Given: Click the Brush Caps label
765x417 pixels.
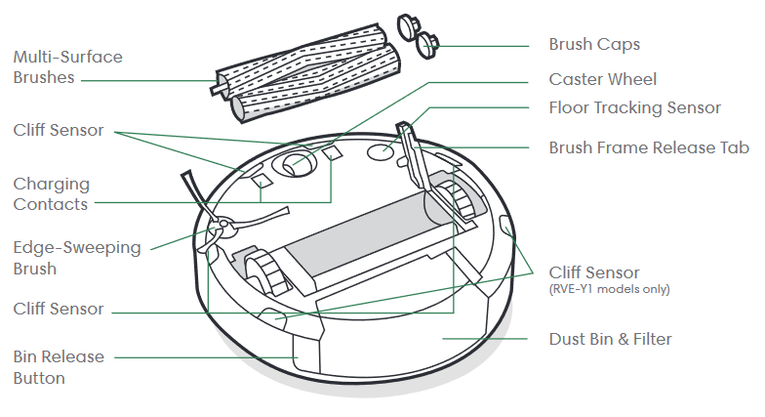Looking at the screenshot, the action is (x=593, y=45).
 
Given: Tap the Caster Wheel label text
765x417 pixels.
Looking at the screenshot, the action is (x=603, y=79).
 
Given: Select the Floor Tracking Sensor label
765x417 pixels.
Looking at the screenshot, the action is (x=634, y=107).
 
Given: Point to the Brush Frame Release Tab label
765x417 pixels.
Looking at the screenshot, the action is (x=649, y=147).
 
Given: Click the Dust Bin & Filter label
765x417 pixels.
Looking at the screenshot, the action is (x=611, y=339).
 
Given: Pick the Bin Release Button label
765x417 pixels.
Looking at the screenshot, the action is (x=59, y=367).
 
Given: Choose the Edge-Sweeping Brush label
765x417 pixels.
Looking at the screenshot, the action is (x=76, y=258).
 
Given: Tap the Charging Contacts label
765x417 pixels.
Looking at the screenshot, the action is (x=51, y=193).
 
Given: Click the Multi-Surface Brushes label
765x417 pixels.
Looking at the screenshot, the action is (x=67, y=66).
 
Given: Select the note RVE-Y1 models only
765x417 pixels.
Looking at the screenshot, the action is (x=609, y=289).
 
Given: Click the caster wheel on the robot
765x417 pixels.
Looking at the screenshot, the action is (x=296, y=164).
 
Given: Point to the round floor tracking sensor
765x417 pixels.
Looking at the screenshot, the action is (x=381, y=151).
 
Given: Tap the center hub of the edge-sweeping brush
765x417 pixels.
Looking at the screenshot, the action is (x=222, y=225).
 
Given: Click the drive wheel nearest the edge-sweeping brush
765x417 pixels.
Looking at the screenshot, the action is (x=265, y=272).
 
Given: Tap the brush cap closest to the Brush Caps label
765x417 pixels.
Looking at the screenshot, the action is (x=427, y=45).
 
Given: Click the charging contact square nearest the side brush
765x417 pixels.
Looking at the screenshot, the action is (x=262, y=181).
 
